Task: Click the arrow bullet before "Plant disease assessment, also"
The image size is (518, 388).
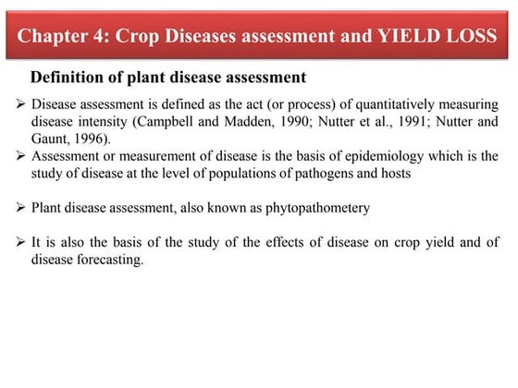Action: pyautogui.click(x=23, y=208)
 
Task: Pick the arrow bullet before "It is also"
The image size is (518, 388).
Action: pyautogui.click(x=23, y=243)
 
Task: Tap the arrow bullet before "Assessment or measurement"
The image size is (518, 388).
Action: pyautogui.click(x=23, y=155)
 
